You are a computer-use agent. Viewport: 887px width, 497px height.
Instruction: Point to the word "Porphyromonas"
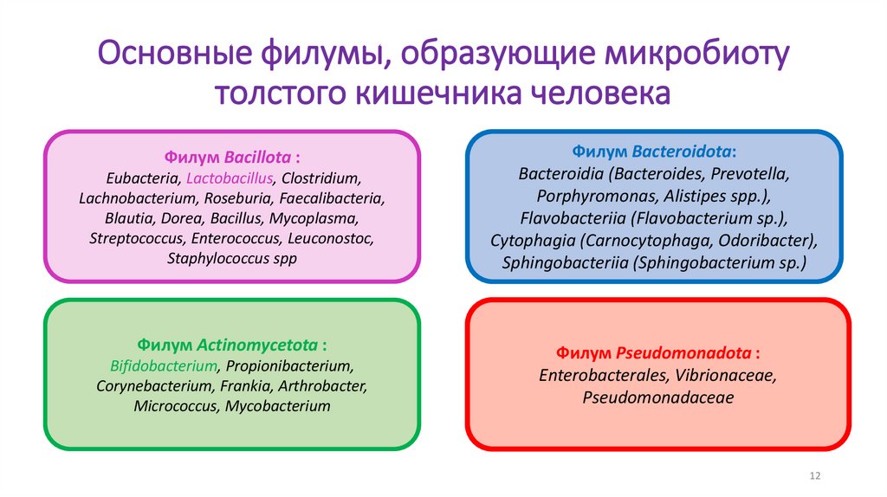pyautogui.click(x=592, y=196)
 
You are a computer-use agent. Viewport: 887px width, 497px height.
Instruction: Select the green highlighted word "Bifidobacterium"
pyautogui.click(x=163, y=365)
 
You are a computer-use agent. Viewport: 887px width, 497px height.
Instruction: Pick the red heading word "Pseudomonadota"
pyautogui.click(x=684, y=353)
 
